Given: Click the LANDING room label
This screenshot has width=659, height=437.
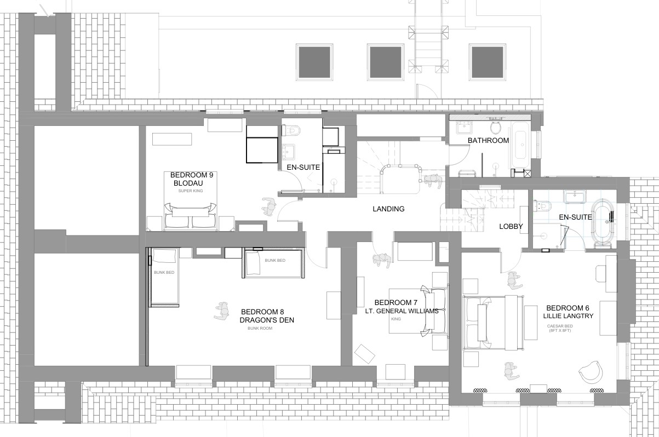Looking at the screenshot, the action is (x=388, y=209).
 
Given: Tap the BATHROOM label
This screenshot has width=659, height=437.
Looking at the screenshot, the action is (x=489, y=141).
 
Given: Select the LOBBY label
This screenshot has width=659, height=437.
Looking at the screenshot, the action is (x=511, y=226).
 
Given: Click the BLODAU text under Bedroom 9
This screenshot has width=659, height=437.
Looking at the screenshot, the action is (x=188, y=183).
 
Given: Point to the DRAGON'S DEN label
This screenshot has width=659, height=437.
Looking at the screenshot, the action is (x=267, y=320).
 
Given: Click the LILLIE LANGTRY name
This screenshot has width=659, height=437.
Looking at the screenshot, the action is (x=568, y=316).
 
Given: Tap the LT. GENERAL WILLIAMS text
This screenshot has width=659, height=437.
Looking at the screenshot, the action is (x=402, y=311).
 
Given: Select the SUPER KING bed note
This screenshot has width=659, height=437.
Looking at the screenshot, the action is (x=190, y=191).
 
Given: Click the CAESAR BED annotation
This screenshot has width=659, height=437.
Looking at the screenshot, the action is (x=560, y=326).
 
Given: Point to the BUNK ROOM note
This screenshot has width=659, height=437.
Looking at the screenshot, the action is (x=260, y=328).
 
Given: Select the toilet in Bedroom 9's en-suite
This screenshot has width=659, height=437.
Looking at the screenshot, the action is (x=291, y=130).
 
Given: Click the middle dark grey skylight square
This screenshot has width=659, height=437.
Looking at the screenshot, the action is (x=386, y=62).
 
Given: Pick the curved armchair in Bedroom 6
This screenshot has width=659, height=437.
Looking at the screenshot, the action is (x=591, y=372).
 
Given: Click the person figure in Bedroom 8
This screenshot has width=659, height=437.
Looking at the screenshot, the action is (x=222, y=311).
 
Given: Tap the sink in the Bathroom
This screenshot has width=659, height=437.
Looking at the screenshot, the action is (x=465, y=128).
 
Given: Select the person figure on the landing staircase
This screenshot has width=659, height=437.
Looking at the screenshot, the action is (x=432, y=181).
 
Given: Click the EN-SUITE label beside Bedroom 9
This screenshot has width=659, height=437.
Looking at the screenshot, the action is (x=303, y=168).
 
